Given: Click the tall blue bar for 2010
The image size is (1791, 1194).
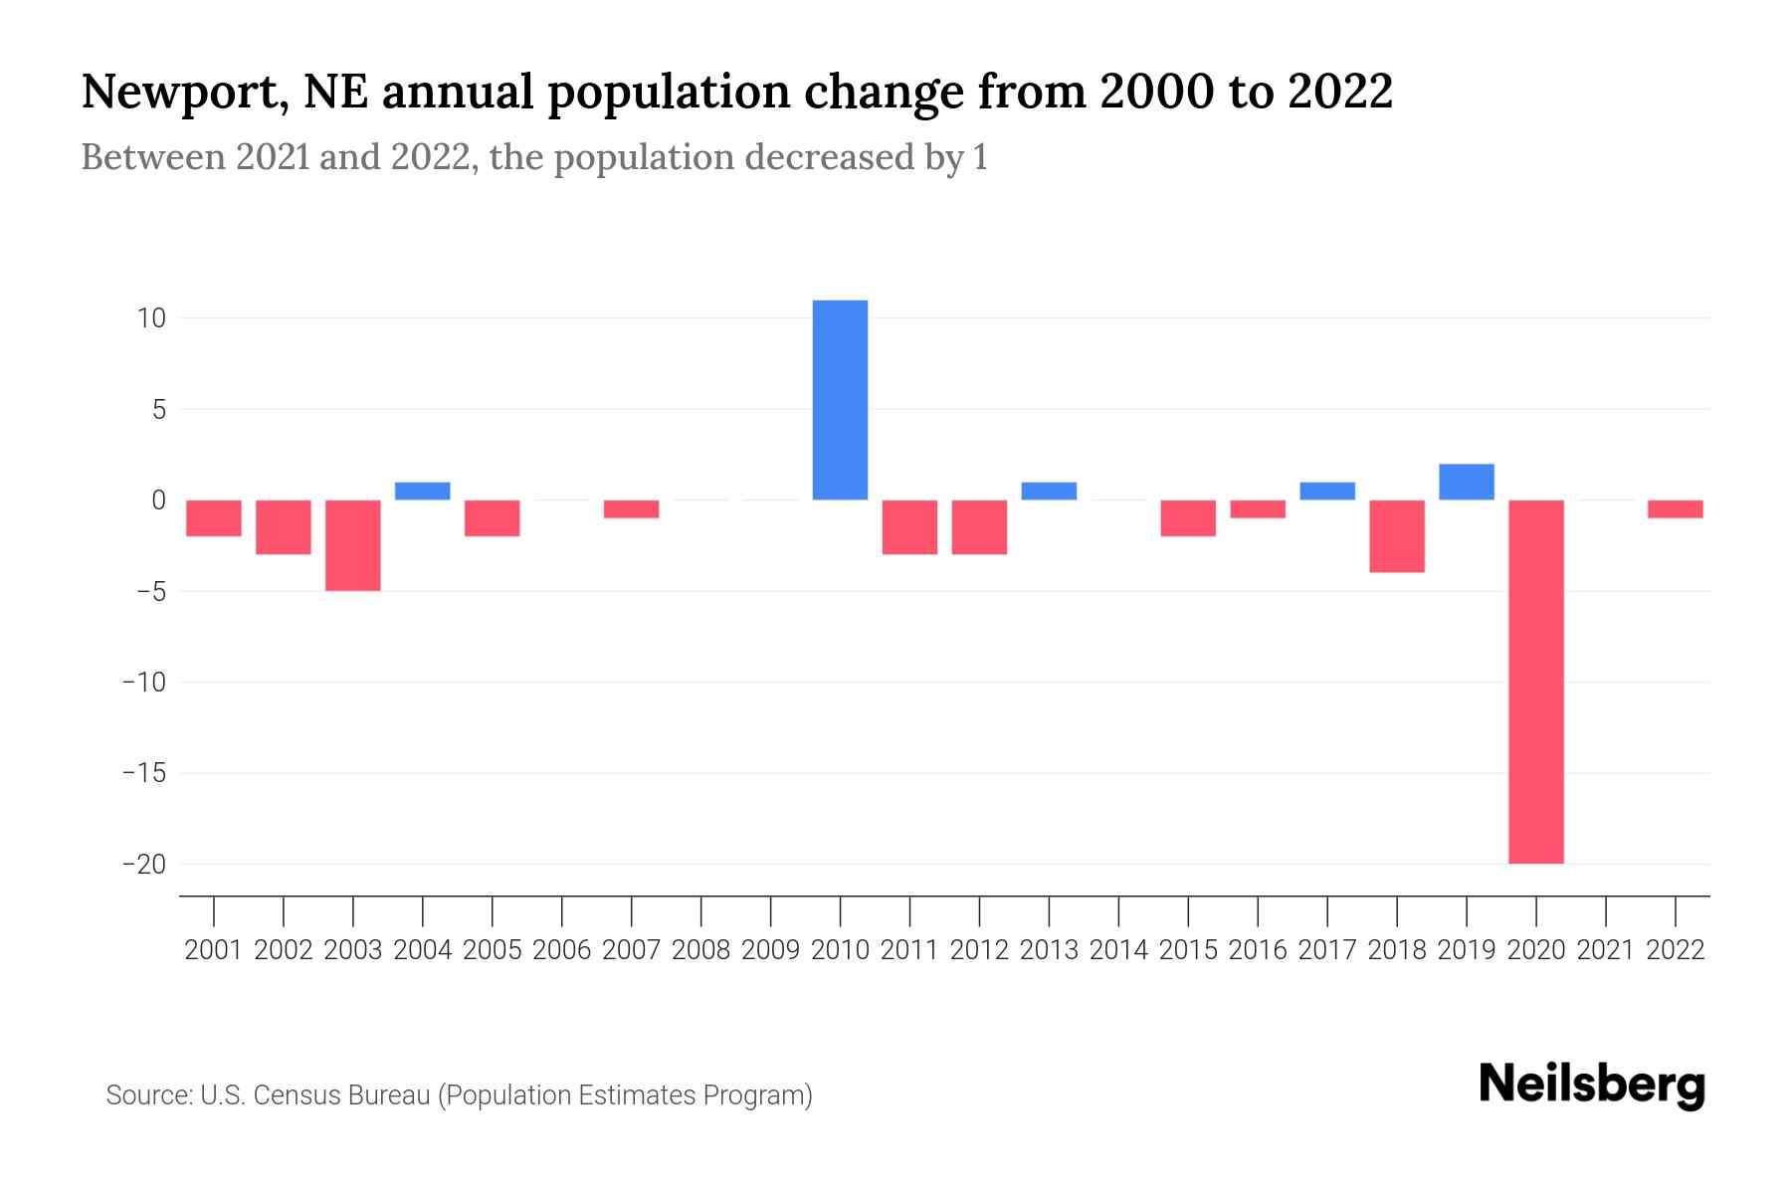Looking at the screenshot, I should [x=840, y=400].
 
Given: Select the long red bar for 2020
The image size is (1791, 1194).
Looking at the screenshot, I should [x=1535, y=682].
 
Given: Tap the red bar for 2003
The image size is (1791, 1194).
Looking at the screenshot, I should [x=353, y=545].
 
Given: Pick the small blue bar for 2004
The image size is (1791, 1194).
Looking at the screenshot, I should [x=423, y=491].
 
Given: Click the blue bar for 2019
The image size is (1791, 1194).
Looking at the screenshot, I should [x=1466, y=482].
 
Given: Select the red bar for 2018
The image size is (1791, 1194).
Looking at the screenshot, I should [x=1396, y=536].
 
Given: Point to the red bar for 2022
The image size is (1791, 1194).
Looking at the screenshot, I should [x=1675, y=509].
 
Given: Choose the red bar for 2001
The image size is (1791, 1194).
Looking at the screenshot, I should [x=214, y=518].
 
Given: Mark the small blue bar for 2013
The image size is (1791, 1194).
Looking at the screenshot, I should [x=1049, y=491].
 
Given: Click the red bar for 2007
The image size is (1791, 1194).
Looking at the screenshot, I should [x=631, y=509].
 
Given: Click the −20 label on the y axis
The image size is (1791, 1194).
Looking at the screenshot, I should [x=144, y=864].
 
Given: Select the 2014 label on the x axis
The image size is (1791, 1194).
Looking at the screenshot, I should [x=1118, y=950].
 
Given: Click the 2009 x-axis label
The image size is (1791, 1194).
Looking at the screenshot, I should [x=770, y=950].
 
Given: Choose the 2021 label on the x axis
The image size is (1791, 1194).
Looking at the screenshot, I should [x=1605, y=950].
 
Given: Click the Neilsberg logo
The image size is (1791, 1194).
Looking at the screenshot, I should [x=1592, y=1085].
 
